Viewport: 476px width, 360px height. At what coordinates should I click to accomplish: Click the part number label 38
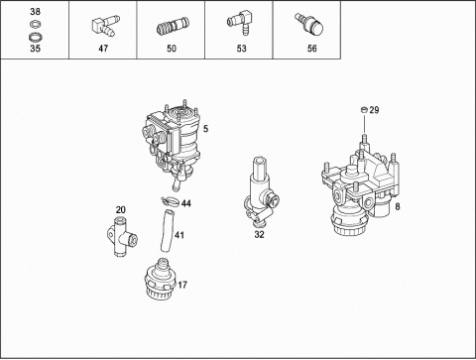(x=35, y=12)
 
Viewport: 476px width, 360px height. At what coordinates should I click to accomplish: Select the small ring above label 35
(x=35, y=24)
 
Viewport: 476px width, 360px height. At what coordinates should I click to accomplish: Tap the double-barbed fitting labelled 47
(x=103, y=26)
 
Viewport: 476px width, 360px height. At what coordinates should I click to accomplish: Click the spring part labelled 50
(x=174, y=27)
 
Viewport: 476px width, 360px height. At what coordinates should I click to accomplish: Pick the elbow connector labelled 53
(x=240, y=22)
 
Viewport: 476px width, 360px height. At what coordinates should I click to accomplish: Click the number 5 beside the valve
(x=205, y=129)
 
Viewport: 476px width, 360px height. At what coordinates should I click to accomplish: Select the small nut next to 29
(x=364, y=109)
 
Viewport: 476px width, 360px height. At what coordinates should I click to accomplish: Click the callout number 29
(x=374, y=110)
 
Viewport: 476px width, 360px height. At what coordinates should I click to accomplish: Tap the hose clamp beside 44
(x=170, y=201)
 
